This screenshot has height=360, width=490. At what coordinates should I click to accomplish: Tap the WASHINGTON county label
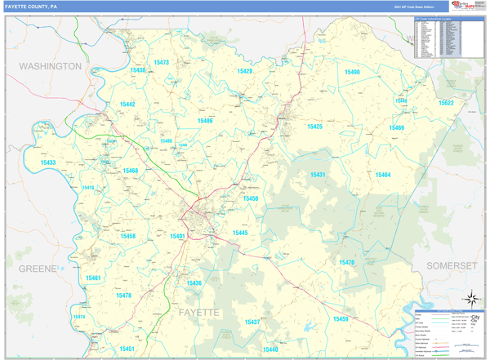click(51, 65)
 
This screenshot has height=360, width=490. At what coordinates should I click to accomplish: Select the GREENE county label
click(32, 268)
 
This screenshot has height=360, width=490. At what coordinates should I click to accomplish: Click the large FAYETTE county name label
click(197, 313)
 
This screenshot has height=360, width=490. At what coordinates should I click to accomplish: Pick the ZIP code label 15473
click(161, 62)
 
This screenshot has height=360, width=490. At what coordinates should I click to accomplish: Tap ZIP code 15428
click(244, 71)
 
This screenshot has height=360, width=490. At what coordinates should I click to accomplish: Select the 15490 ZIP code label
click(352, 72)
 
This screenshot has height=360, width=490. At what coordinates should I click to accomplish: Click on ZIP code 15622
click(446, 104)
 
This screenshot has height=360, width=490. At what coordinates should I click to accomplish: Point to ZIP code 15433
click(48, 162)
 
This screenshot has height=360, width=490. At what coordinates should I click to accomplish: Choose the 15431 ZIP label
click(318, 175)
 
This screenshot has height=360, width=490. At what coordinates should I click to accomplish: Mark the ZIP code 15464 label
click(383, 175)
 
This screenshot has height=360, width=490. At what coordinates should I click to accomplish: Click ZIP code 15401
click(177, 236)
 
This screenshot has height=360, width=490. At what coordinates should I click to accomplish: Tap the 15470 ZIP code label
click(347, 262)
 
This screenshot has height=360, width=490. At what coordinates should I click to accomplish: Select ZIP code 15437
click(252, 322)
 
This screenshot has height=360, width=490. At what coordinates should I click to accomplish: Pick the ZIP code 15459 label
click(341, 318)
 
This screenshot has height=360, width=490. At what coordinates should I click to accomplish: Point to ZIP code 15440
click(270, 349)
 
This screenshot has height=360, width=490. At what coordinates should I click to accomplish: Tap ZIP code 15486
click(204, 121)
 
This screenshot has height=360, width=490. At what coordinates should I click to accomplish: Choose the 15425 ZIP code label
click(314, 127)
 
